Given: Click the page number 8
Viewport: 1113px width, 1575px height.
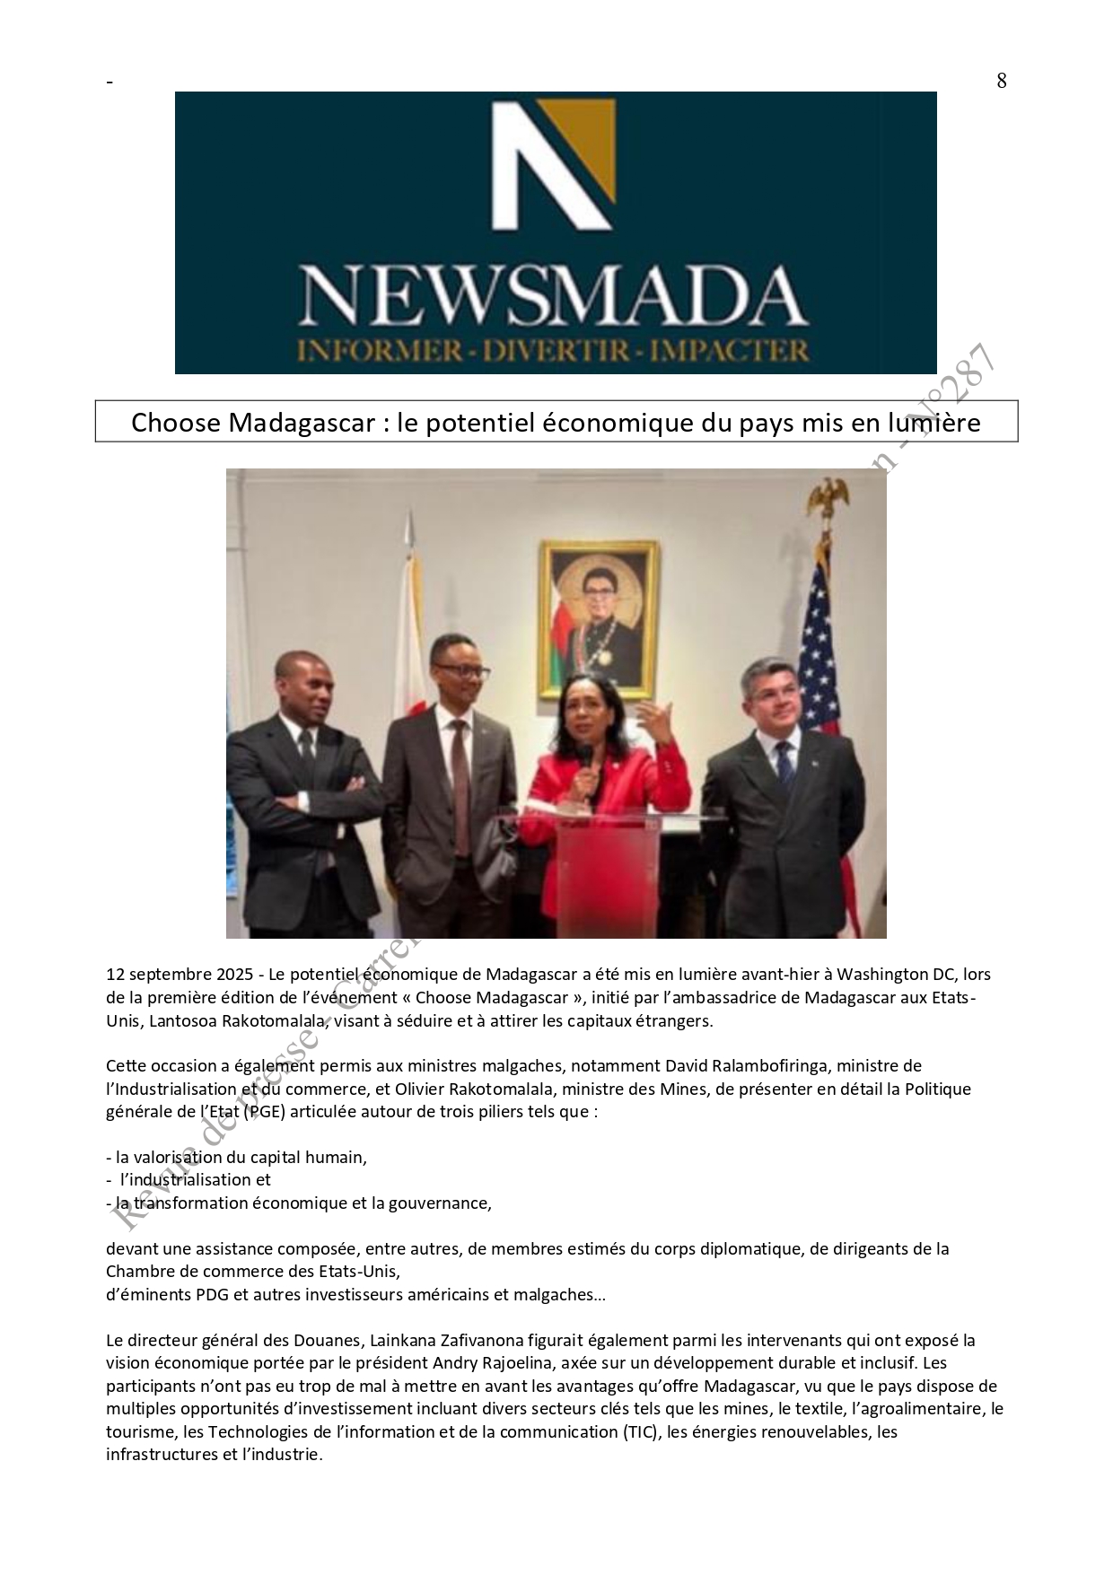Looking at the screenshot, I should pyautogui.click(x=1001, y=81).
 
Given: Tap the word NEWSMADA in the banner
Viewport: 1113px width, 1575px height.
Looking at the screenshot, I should pyautogui.click(x=554, y=297).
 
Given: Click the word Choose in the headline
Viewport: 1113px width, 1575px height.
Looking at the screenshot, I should pyautogui.click(x=175, y=423).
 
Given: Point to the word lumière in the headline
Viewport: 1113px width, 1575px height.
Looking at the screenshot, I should pyautogui.click(x=933, y=423).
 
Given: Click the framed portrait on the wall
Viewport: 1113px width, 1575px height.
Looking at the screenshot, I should pyautogui.click(x=598, y=618).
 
